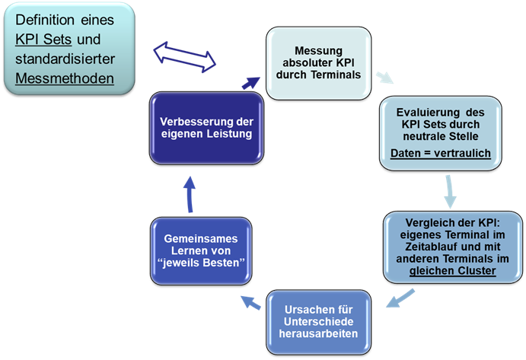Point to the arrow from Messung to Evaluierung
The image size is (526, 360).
(386, 78)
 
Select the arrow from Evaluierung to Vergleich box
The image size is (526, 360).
(451, 190)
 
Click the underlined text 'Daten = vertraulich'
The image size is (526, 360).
(440, 154)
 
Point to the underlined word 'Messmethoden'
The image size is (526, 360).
(65, 78)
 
